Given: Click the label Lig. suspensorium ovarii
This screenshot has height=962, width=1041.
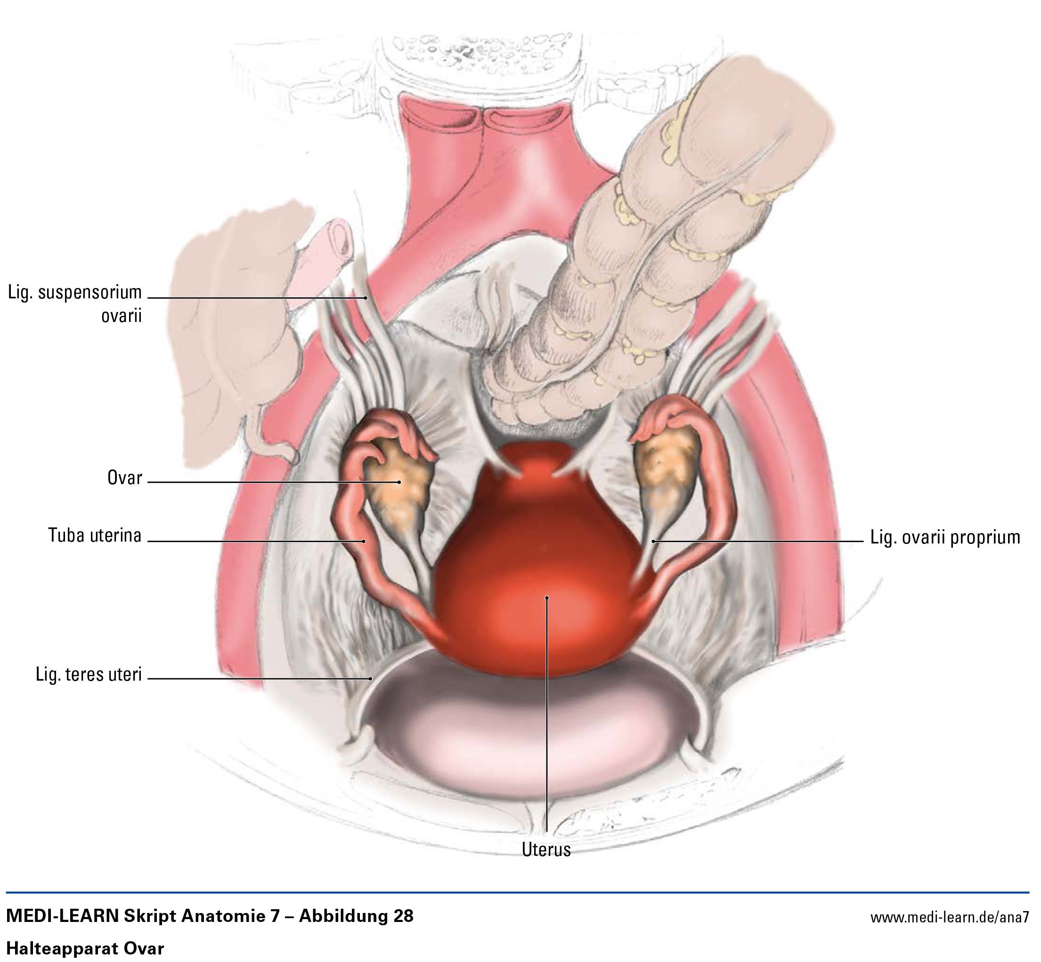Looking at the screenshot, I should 75,304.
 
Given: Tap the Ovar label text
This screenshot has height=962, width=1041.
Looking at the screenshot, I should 124,478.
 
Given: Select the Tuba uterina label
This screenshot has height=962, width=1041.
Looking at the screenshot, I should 95,535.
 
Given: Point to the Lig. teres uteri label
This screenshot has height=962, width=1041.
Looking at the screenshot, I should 89,674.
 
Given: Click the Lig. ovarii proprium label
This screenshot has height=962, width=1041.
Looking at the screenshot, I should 945,537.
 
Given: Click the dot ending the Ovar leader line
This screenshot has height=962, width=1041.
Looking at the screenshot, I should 399,482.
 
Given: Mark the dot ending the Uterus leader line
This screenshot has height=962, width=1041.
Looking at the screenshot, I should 547,598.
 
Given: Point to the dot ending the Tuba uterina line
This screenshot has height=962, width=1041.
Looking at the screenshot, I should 364,542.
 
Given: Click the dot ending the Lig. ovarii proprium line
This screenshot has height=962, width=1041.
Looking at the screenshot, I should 654,542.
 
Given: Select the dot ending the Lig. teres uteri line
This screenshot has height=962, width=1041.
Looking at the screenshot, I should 371,678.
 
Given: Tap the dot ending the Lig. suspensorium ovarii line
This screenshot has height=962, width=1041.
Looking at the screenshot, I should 366,298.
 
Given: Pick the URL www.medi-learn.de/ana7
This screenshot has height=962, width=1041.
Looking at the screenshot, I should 949,917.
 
